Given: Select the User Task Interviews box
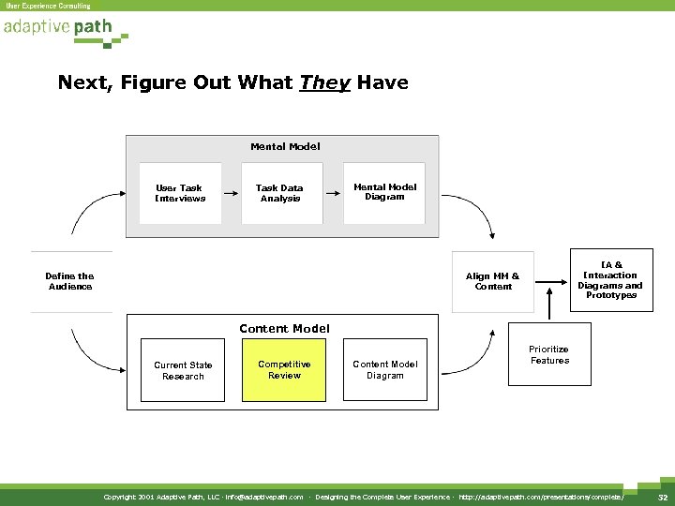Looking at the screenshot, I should point(179,193).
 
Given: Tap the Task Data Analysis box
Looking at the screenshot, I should point(279,193).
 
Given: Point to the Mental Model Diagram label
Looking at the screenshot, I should point(384,192).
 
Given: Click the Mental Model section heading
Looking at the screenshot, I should point(285,146).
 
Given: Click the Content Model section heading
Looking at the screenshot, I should point(284,328).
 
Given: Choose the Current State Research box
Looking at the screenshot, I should point(183,370).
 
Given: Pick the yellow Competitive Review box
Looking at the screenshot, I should point(285,369).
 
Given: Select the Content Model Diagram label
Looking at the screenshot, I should point(384,370).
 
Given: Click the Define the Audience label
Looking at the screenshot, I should point(70,281).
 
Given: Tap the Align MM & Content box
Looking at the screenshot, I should point(493,281).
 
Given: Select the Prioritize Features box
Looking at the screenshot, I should point(549,354).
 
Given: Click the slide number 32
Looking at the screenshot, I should point(662,497).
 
